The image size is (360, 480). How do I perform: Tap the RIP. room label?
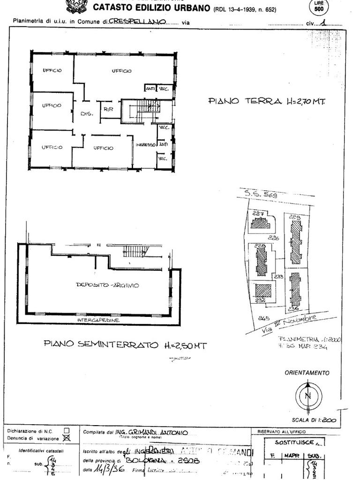click(x=108, y=110)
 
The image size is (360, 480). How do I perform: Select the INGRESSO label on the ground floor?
click(x=145, y=145)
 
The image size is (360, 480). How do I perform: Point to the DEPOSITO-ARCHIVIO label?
click(x=107, y=285)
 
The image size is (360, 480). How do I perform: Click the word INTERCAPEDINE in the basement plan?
click(x=98, y=320)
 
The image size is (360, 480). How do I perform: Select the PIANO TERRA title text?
click(x=267, y=101)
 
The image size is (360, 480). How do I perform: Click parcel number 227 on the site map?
click(x=258, y=214)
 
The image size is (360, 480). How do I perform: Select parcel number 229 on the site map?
click(x=294, y=217)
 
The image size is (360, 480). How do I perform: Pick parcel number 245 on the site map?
click(x=263, y=317)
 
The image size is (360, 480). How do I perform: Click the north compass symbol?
click(x=308, y=395)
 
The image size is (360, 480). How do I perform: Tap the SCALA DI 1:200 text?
click(x=313, y=420)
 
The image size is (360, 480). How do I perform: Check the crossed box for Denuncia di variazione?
click(x=67, y=438)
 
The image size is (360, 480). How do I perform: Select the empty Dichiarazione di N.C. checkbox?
click(x=67, y=430)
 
